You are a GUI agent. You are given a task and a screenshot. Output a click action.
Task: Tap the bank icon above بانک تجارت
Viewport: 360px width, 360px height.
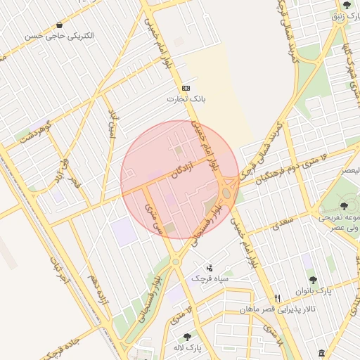(x=186, y=88)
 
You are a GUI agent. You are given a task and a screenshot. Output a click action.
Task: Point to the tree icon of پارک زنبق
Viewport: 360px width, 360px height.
(x=347, y=6)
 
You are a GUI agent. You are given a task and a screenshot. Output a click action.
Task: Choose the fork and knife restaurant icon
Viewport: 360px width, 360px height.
(x=278, y=298)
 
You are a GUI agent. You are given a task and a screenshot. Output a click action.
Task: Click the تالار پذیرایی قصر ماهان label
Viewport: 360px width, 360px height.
(x=277, y=309)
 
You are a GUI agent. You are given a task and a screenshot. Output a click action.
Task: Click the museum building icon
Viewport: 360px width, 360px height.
(x=321, y=352)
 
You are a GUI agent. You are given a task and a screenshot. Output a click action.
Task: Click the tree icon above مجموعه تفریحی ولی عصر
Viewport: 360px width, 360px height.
(x=343, y=206)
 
